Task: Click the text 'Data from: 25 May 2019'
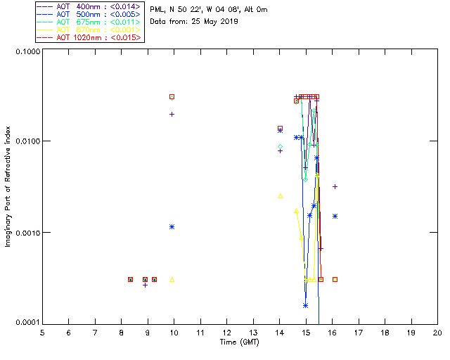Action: [x=194, y=21]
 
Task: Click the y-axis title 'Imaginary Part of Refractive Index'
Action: [x=8, y=186]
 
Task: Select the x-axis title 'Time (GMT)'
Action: [x=239, y=342]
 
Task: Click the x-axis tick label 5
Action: [x=42, y=332]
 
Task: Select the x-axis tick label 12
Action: [x=226, y=332]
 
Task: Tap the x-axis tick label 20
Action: [x=437, y=332]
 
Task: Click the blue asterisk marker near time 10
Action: [x=172, y=226]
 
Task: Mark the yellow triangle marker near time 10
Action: [x=172, y=279]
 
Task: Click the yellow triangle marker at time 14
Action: [x=280, y=195]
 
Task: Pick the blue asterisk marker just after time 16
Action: [x=335, y=216]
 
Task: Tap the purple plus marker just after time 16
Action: [x=335, y=186]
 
